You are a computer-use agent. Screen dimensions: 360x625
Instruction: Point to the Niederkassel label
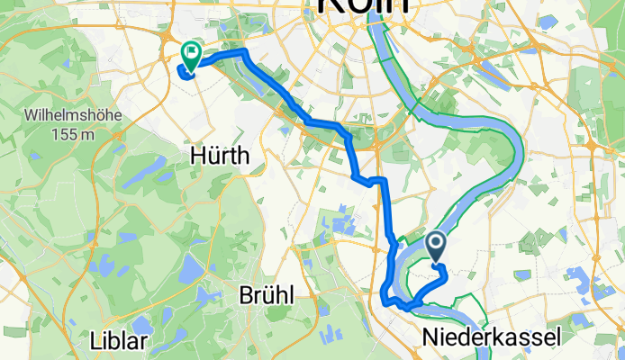point(492,337)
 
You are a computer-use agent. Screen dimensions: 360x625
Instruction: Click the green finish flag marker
point(191,53)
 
